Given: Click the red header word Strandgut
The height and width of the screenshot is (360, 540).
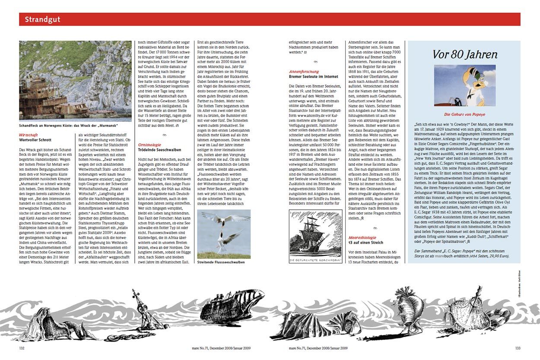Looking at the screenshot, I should [42, 19].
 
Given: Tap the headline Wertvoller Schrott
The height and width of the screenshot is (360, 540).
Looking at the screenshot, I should [35, 140].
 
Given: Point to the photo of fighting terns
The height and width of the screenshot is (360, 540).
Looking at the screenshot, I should [224, 234].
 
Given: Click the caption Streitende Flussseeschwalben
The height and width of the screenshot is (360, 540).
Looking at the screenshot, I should [221, 262].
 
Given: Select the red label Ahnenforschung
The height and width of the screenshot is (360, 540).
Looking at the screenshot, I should [304, 72].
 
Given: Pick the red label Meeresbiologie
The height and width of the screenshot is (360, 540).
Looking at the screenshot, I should [362, 237].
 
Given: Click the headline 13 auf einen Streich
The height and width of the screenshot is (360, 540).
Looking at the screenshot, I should [366, 243].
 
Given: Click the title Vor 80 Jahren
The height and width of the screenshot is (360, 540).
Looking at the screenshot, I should [465, 54].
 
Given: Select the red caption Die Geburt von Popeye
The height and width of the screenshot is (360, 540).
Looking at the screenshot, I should [465, 114].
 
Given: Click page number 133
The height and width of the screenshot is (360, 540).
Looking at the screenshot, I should [518, 347].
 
